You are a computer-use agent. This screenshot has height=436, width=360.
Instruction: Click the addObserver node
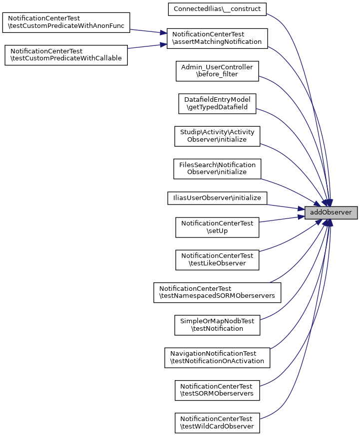331,213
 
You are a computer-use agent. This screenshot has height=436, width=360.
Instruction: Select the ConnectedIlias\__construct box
217,8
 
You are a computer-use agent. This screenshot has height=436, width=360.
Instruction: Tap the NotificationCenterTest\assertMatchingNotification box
217,38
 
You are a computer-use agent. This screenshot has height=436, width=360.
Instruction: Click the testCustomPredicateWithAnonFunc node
66,22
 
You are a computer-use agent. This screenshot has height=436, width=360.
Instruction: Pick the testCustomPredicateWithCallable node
66,55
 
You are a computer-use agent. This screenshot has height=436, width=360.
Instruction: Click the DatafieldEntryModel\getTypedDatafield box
217,103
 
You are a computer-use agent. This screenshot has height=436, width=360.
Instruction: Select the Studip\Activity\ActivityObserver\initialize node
217,136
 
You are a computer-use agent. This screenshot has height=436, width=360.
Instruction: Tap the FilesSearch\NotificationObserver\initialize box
217,169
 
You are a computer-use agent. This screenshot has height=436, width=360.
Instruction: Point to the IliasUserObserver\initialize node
217,198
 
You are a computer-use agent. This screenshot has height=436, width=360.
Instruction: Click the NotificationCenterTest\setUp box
217,227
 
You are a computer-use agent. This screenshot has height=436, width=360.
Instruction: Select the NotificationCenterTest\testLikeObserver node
217,259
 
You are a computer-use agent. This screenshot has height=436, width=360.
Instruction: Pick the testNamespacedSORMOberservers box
217,292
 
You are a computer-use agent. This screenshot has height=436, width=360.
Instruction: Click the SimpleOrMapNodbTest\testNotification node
217,325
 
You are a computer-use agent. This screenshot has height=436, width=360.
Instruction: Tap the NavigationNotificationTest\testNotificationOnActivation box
217,357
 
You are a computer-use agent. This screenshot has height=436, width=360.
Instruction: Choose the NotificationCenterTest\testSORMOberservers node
217,390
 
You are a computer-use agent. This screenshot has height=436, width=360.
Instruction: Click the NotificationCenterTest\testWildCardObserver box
217,423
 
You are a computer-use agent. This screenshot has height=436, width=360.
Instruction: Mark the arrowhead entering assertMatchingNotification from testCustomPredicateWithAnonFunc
163,33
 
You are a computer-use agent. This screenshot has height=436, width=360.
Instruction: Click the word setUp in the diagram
217,231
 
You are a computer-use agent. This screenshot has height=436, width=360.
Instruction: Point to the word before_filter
217,74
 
